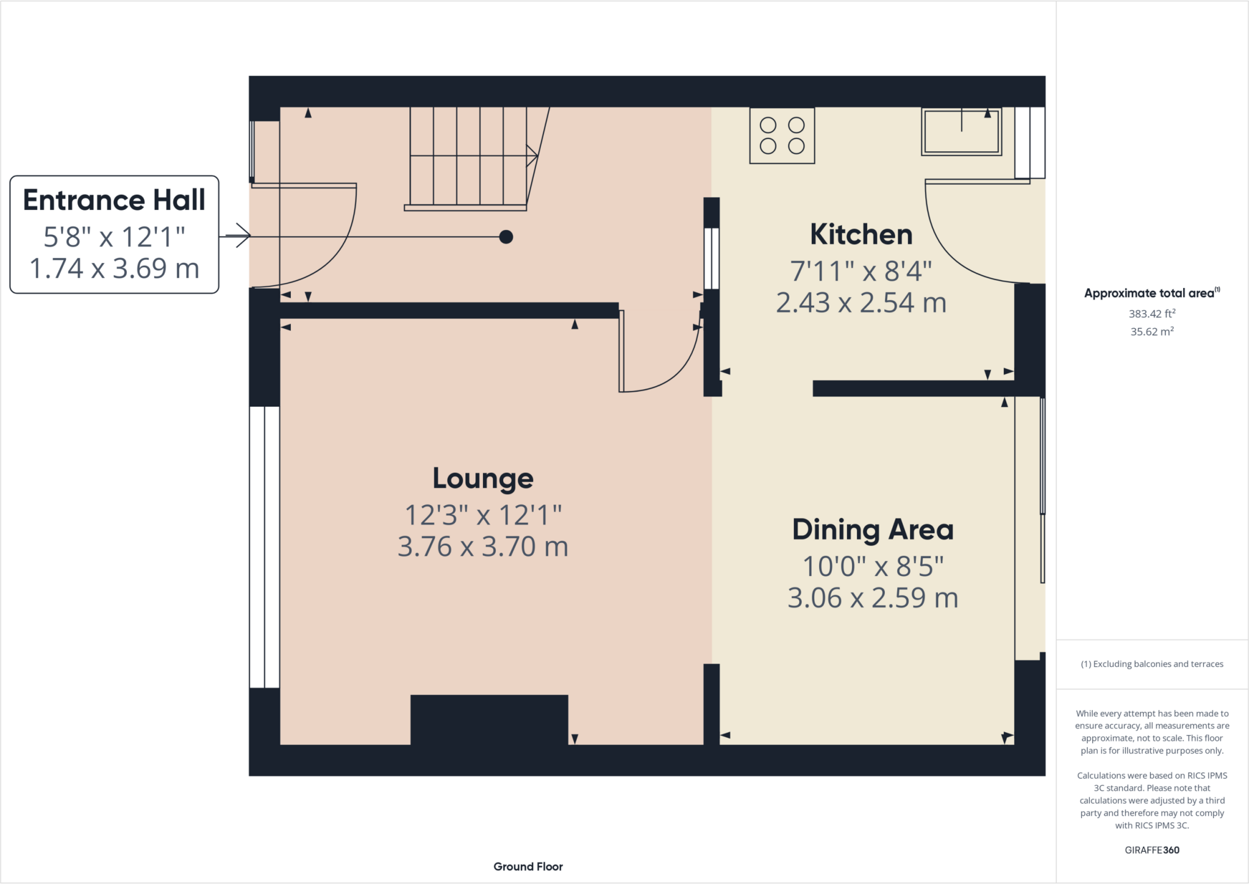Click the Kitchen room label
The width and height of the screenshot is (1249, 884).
pos(861,235)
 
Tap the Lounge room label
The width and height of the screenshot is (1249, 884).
pos(482,478)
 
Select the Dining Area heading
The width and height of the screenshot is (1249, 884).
pos(872,530)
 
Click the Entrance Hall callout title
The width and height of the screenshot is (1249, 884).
pos(114,200)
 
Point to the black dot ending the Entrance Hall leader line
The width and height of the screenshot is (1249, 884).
pos(506,237)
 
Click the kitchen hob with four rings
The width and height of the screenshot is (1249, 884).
pos(782,135)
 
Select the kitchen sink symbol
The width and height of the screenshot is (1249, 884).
pos(961,132)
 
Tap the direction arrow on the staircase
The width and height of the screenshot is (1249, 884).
pos(532,156)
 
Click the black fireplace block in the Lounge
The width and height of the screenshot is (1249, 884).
pos(489,720)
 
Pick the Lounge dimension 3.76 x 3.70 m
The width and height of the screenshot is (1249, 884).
pos(482,547)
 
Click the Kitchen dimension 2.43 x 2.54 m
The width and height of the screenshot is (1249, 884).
pos(861,303)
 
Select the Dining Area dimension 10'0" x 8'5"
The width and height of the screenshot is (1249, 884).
pos(872,567)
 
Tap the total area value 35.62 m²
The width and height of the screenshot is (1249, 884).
pos(1151,332)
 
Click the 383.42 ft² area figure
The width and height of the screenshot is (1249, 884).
pos(1151,314)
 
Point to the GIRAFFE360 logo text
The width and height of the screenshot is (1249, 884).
pos(1151,850)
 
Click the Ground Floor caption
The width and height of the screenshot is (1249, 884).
pos(528,866)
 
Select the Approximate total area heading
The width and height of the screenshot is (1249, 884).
pos(1150,293)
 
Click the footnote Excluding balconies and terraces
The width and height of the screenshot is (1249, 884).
pos(1151,664)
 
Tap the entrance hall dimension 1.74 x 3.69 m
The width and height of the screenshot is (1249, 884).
pos(114,269)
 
